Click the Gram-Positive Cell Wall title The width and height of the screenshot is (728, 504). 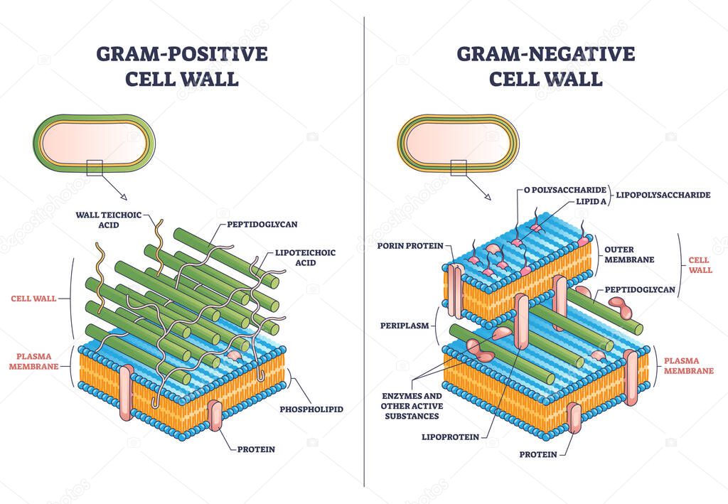tap(182, 66)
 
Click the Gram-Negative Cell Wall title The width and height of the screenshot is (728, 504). tap(545, 66)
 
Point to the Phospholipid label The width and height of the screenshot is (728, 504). tap(311, 409)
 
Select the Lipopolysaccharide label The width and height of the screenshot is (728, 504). tap(663, 194)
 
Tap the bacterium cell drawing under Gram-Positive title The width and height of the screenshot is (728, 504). tap(94, 142)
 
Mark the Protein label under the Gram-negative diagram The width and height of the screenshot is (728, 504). tap(537, 454)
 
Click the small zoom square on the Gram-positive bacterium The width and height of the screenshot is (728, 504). tap(94, 168)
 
